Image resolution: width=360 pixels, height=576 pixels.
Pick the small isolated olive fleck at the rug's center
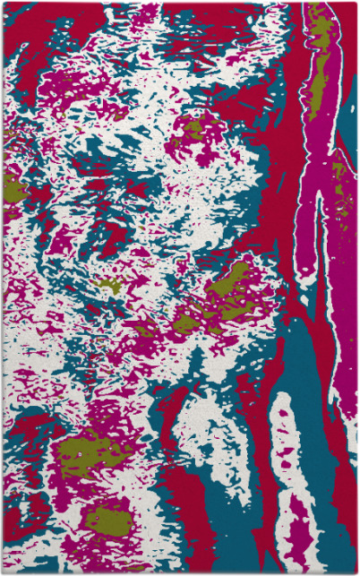point(109,287)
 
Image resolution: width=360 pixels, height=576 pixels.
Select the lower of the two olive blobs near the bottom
point(96,520)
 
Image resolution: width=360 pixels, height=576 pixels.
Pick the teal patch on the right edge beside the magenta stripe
point(348,134)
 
